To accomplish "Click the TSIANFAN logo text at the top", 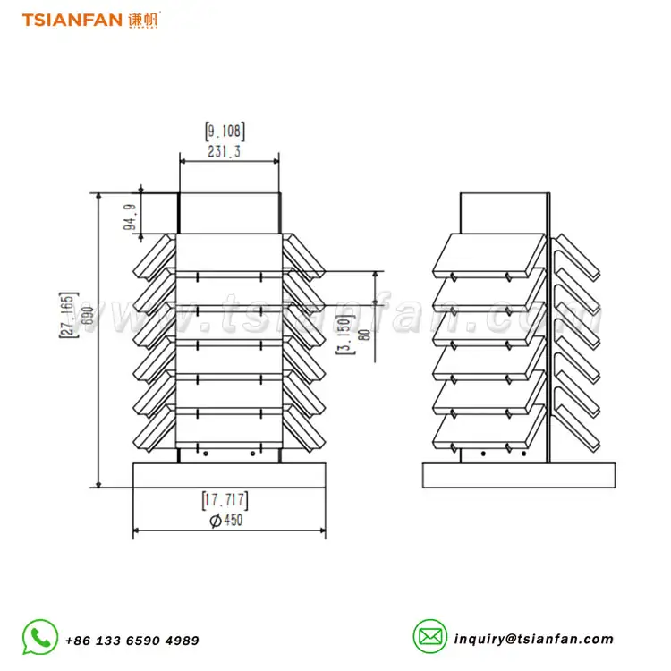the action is click(72, 20).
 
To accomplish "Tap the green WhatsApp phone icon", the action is click(40, 637).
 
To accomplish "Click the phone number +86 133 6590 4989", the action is click(132, 641).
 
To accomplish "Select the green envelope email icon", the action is click(430, 636).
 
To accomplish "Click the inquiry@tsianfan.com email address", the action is click(533, 639).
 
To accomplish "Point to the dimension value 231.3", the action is click(225, 151).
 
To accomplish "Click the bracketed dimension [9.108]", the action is click(225, 131).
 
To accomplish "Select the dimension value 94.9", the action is click(131, 217).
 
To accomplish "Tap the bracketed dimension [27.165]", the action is click(69, 315).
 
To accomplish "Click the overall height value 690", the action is click(88, 316).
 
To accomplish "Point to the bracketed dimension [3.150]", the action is click(345, 335).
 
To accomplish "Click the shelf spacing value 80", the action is click(364, 335).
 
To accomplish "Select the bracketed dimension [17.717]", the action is click(225, 500).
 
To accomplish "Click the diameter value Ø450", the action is click(226, 520).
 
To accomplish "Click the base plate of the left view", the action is click(229, 475).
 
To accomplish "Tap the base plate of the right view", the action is click(519, 475).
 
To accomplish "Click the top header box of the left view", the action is click(229, 213).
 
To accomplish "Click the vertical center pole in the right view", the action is click(548, 327).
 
